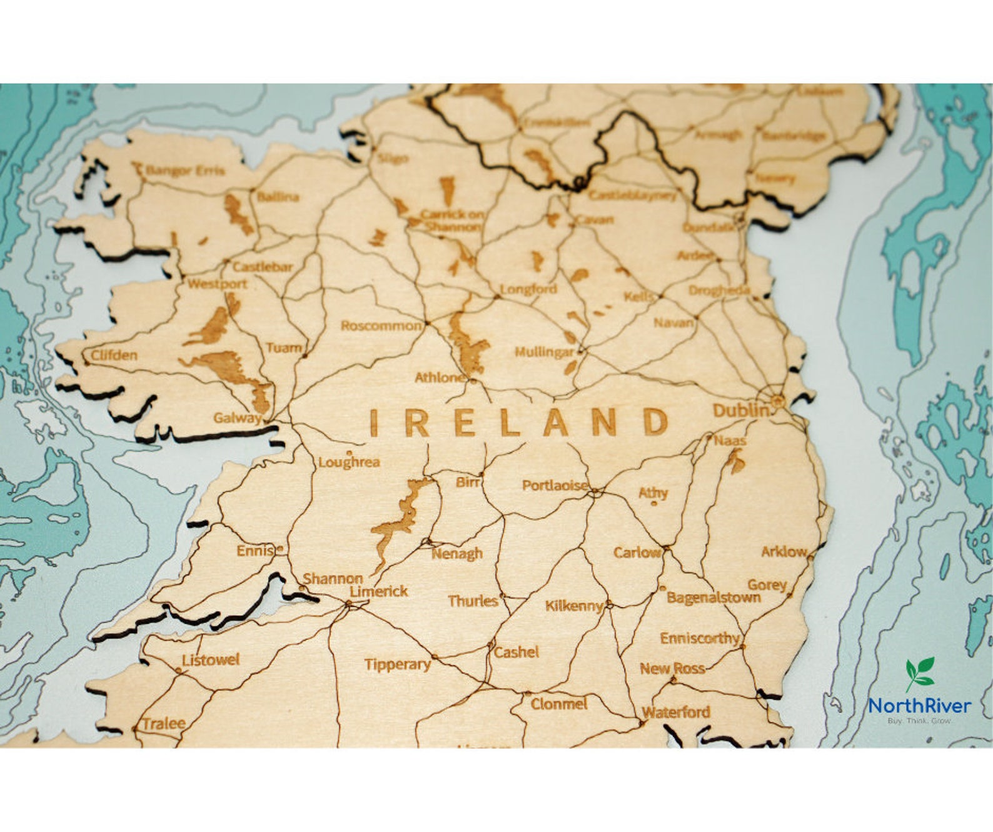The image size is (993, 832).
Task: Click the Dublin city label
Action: [741, 410]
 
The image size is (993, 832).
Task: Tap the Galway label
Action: [237, 418]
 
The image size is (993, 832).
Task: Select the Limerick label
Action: [378, 591]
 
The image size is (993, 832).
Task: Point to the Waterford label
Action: [676, 711]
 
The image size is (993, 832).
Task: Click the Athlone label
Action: [440, 378]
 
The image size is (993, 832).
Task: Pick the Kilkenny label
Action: [573, 606]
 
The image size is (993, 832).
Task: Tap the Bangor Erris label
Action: [184, 171]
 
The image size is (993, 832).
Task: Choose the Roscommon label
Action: [381, 326]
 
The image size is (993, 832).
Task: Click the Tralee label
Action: [164, 723]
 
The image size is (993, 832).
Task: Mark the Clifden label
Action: [114, 355]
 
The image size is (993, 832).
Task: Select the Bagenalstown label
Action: [713, 597]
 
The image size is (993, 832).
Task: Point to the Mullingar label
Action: [544, 352]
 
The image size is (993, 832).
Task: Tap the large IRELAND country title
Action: [519, 423]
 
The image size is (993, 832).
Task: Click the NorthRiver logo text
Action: [919, 706]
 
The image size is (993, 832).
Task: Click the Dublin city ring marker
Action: [777, 401]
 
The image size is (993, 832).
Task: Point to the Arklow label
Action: [784, 551]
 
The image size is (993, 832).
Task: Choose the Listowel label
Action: [211, 659]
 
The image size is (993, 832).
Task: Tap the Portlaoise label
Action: [555, 485]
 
